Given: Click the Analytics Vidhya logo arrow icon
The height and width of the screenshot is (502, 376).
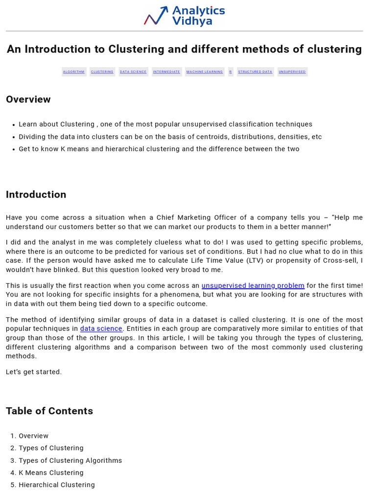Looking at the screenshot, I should point(156,16).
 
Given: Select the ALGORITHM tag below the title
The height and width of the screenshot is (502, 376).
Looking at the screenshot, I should point(74,72).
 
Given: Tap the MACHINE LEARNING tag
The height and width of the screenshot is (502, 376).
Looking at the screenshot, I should point(205,72).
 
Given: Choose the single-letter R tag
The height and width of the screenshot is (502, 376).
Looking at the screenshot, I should point(231,72).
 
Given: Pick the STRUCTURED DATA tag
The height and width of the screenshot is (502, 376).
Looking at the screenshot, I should point(255,72).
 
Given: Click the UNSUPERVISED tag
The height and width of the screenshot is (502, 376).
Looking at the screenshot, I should point(292,72).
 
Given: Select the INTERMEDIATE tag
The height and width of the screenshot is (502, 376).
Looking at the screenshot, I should point(166,72).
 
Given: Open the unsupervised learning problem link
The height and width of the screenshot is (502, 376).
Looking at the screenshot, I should point(253,286).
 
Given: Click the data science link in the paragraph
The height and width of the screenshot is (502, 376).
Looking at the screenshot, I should point(101,329).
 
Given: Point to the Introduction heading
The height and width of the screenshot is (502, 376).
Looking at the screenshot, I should point(36,195).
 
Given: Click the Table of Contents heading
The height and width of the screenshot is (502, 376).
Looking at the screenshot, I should point(49,411).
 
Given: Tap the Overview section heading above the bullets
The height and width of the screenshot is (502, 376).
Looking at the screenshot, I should point(28,100).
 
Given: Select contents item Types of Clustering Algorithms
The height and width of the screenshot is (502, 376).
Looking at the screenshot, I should point(70,461).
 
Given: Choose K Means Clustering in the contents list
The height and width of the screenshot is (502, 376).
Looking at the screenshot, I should point(51,473).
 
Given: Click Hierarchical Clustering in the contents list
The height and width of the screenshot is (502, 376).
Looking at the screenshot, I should point(57,485).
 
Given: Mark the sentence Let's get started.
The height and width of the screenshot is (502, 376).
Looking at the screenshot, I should point(34,372).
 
